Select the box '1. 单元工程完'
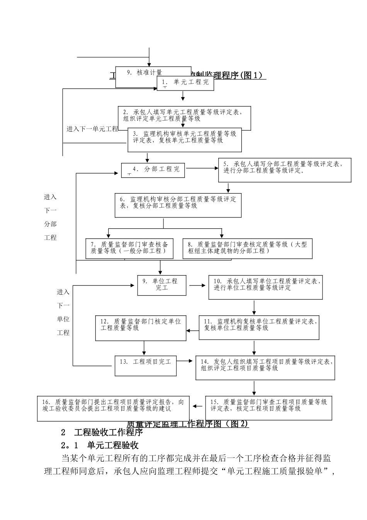185,83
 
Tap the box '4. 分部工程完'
153,170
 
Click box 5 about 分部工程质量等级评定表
285,170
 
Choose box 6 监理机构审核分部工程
178,205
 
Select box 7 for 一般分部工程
129,248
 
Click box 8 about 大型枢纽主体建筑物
247,248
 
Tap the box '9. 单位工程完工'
162,285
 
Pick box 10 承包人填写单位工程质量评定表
265,287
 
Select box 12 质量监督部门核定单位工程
141,328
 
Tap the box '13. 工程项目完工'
146,365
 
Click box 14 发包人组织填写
265,368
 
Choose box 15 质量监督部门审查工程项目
268,408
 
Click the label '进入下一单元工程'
92,129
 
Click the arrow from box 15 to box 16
198,406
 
